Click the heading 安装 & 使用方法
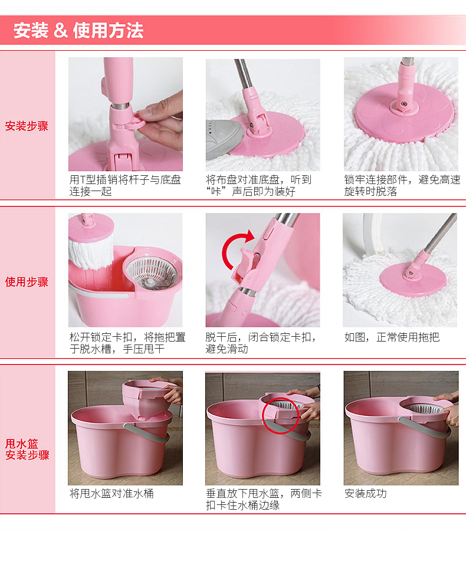78,31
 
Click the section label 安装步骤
27,126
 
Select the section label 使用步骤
27,282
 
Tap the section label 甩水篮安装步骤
27,450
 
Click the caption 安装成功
365,494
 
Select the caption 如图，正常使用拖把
392,337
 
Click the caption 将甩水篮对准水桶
111,494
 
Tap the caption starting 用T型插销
125,185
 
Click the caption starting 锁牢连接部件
402,185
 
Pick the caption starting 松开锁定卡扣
127,343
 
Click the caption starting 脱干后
260,343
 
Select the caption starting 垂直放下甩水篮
264,500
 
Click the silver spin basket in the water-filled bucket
152,273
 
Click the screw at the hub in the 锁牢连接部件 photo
404,104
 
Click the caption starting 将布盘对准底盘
259,185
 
